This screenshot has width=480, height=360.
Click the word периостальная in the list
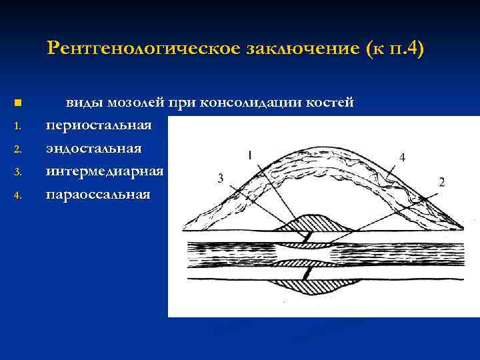[x=99, y=125]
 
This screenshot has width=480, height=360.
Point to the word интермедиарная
[x=105, y=172]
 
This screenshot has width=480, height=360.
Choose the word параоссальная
[x=98, y=195]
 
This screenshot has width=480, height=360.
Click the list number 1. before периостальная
[x=18, y=126]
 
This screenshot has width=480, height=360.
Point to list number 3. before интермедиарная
[x=18, y=173]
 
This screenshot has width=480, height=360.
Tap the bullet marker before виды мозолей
[x=17, y=103]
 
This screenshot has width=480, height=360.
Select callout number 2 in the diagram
[x=441, y=181]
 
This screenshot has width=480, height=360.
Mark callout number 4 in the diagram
[x=402, y=157]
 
